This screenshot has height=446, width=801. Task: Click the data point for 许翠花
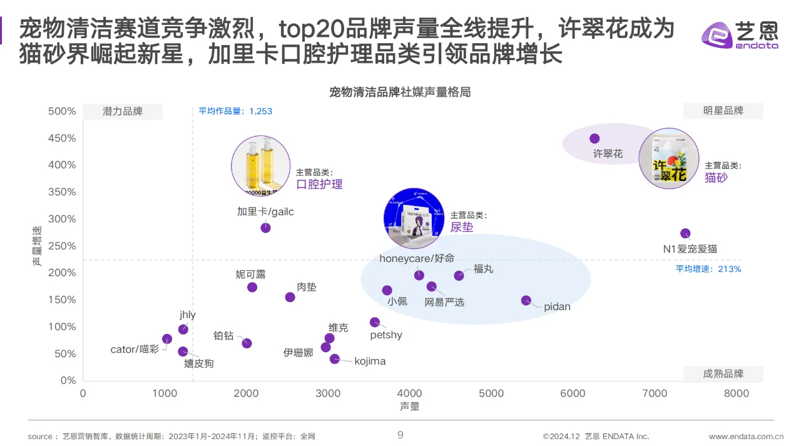click(x=594, y=138)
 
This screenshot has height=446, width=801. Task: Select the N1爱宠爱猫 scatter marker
click(x=685, y=234)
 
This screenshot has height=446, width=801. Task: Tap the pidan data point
click(x=526, y=301)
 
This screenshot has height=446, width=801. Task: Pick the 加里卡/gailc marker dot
click(x=265, y=227)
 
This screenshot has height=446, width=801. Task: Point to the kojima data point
click(x=335, y=359)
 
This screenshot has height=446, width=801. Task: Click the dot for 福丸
click(x=459, y=276)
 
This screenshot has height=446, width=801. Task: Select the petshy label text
click(x=386, y=335)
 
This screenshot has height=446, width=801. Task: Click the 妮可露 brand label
click(x=250, y=274)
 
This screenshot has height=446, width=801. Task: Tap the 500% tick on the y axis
click(x=62, y=111)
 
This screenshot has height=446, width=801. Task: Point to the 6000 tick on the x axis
click(x=573, y=393)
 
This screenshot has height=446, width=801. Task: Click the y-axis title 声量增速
click(x=38, y=246)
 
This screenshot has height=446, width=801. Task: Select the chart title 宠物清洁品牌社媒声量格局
click(x=400, y=92)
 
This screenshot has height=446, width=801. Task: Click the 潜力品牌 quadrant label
click(x=123, y=111)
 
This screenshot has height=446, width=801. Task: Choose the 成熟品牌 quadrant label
click(x=723, y=374)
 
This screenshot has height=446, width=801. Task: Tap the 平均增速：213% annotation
click(x=708, y=269)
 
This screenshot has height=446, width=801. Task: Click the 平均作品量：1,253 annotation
click(x=235, y=111)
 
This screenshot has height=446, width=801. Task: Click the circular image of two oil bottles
click(x=260, y=165)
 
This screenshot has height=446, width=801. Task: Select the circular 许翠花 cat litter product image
click(x=668, y=159)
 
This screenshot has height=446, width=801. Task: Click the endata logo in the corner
click(x=740, y=34)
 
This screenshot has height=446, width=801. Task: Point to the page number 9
click(x=400, y=435)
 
